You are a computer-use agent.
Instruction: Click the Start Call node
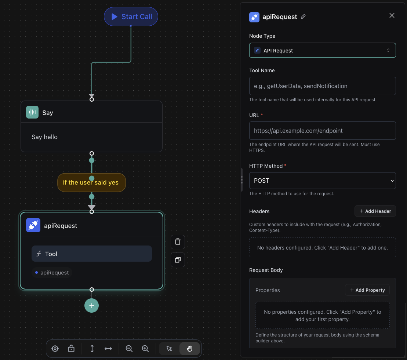(x=131, y=17)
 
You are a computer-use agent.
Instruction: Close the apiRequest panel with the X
(x=392, y=15)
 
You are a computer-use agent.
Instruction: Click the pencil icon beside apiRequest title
(x=303, y=17)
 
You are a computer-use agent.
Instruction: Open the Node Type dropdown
(x=322, y=50)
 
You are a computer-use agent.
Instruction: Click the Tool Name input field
(x=322, y=86)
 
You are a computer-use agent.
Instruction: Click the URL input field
(x=322, y=131)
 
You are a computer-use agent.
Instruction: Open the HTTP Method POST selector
(x=322, y=181)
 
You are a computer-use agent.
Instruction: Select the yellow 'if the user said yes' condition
(x=91, y=182)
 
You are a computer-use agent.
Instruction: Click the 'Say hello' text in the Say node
(x=45, y=137)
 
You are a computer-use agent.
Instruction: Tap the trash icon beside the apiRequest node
(x=178, y=242)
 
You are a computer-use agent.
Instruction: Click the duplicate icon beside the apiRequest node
(x=178, y=260)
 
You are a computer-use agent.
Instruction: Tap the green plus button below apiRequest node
(x=91, y=305)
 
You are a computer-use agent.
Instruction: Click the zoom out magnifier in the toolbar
(x=129, y=349)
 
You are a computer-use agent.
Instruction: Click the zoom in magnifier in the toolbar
(x=145, y=349)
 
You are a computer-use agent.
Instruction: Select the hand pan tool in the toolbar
(x=190, y=349)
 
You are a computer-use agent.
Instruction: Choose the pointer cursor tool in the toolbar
(x=169, y=349)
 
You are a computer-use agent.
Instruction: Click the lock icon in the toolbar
(x=71, y=349)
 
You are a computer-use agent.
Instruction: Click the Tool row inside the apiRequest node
(x=91, y=254)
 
